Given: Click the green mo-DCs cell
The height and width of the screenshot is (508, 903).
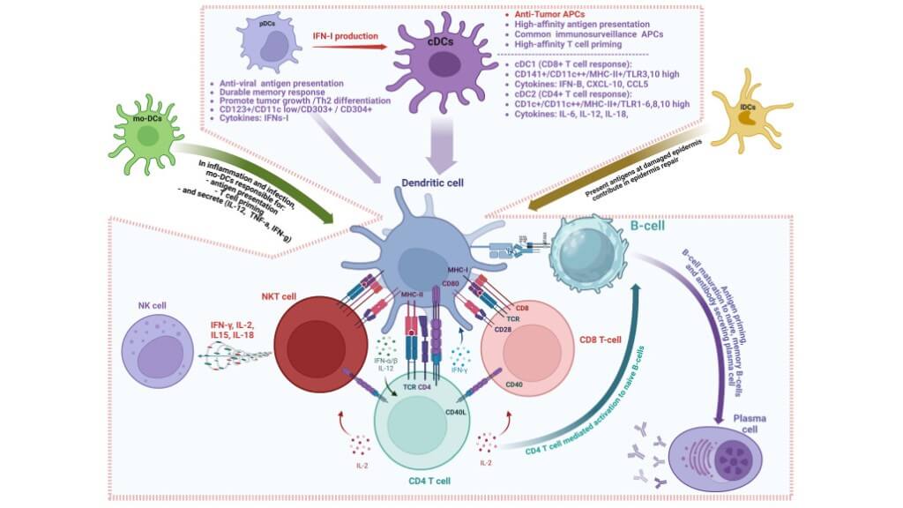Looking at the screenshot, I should [x=142, y=138].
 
